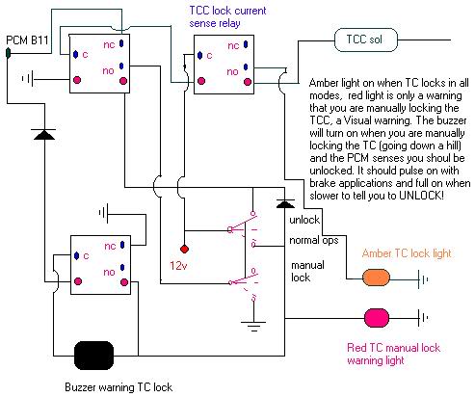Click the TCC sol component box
366,40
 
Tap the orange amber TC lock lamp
376,278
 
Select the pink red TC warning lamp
377,318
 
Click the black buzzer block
94,356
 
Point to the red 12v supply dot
184,249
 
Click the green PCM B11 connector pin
9,53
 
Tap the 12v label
179,266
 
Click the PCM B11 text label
27,40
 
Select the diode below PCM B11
44,134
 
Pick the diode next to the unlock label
285,203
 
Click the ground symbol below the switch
253,326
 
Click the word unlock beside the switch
304,220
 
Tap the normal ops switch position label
314,240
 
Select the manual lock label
307,271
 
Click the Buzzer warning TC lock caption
119,387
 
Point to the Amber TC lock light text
407,253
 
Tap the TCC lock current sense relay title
227,16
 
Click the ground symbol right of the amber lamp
423,279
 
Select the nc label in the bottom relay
110,247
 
